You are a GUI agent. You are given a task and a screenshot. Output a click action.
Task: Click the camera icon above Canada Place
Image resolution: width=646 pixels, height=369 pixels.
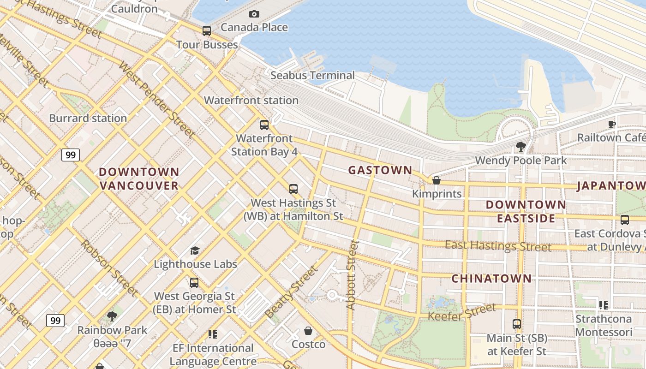[254, 14]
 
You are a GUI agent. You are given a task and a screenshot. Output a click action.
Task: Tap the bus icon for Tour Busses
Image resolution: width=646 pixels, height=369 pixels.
[207, 31]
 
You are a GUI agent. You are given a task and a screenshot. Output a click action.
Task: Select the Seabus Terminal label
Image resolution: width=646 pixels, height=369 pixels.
[312, 75]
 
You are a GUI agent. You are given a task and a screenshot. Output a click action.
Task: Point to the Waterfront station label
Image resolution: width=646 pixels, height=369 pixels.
[251, 100]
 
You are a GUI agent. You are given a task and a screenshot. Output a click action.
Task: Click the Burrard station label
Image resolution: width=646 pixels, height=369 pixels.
[88, 118]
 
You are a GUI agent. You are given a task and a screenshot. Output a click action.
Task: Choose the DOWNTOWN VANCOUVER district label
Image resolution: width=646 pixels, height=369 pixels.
[139, 179]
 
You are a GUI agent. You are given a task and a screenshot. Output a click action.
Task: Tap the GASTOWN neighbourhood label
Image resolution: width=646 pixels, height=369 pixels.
[380, 170]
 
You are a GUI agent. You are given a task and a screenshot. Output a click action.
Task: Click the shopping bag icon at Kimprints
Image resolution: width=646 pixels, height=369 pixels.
[436, 180]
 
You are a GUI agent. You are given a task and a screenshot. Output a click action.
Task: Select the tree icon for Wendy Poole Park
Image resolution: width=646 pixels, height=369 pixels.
[521, 147]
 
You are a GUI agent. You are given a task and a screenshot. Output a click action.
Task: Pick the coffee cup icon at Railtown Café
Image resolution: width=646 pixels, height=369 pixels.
[612, 124]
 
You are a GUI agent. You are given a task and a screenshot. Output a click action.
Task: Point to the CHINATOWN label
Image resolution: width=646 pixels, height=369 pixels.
[491, 279]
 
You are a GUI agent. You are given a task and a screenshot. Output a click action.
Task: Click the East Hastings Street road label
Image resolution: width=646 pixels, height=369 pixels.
[498, 246]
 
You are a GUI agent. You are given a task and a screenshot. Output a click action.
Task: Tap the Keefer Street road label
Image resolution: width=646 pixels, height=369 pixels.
[462, 312]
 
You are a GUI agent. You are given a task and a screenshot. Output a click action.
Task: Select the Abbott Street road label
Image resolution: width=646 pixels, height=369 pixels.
[352, 275]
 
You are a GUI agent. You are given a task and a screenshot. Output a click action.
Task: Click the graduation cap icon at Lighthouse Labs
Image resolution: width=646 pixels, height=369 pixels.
[195, 250]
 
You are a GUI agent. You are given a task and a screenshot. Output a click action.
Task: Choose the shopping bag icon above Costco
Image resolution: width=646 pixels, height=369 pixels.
[308, 331]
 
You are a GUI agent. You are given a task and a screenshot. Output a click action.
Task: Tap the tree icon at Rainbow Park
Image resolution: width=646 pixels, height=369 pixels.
[112, 316]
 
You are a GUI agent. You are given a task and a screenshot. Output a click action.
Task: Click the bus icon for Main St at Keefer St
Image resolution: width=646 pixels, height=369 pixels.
[517, 324]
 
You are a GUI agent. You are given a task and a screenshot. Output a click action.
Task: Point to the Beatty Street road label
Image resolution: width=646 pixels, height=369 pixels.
[292, 292]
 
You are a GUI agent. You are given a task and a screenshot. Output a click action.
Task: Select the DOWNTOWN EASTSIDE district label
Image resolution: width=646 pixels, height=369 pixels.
[526, 211]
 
